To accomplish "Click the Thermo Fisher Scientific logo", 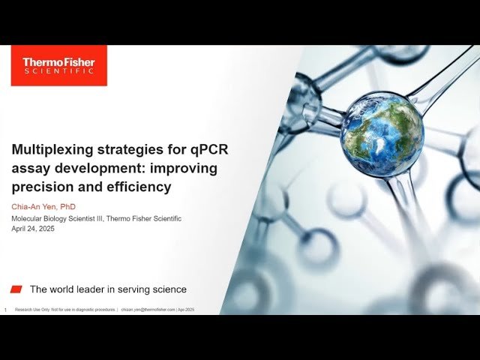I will pos(58,65).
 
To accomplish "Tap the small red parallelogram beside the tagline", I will pos(16,289).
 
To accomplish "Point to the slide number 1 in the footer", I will pos(5,310).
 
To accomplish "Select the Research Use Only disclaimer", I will pos(65,309).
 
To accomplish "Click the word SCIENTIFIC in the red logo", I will pos(58,71).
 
